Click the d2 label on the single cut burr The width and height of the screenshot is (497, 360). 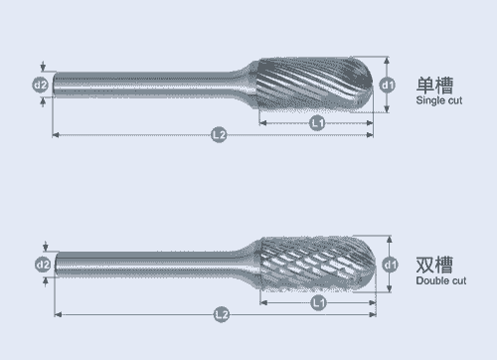click(x=41, y=86)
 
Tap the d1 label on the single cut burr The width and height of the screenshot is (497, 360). click(x=387, y=86)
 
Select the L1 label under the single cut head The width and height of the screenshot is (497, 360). click(x=317, y=123)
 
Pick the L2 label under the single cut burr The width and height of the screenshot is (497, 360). click(x=219, y=135)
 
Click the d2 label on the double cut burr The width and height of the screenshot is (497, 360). click(x=43, y=265)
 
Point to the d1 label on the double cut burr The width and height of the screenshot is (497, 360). click(x=390, y=265)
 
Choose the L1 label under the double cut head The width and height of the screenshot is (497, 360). click(x=318, y=302)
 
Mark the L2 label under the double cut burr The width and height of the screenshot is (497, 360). click(x=222, y=314)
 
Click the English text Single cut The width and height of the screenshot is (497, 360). click(x=439, y=100)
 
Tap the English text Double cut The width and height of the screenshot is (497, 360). click(x=441, y=280)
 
